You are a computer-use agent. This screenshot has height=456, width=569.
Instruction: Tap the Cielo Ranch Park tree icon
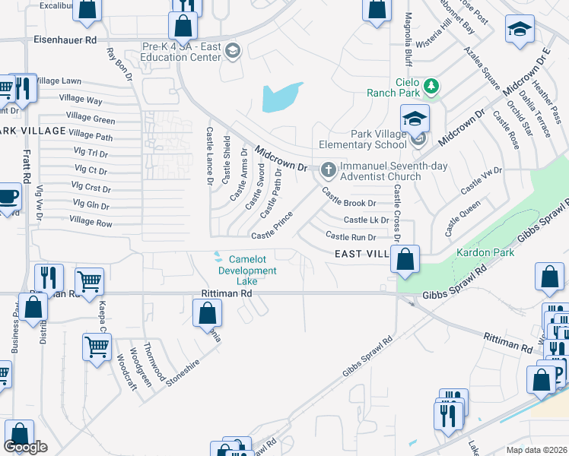pyautogui.click(x=432, y=85)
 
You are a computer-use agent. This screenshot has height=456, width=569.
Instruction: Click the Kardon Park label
pyautogui.click(x=476, y=252)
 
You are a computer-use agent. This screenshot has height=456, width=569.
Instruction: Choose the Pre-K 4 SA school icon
pyautogui.click(x=233, y=51)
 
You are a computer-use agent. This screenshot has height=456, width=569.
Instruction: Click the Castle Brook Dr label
pyautogui.click(x=349, y=203)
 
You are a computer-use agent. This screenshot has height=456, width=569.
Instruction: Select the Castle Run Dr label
pyautogui.click(x=351, y=237)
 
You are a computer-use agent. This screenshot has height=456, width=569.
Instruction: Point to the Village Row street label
pyautogui.click(x=91, y=223)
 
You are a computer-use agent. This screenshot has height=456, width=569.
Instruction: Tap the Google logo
pyautogui.click(x=25, y=448)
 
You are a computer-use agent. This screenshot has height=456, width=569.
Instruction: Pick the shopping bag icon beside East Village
pyautogui.click(x=405, y=259)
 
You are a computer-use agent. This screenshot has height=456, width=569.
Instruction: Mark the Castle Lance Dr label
pyautogui.click(x=210, y=155)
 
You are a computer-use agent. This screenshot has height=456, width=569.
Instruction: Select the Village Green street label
pyautogui.click(x=91, y=118)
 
